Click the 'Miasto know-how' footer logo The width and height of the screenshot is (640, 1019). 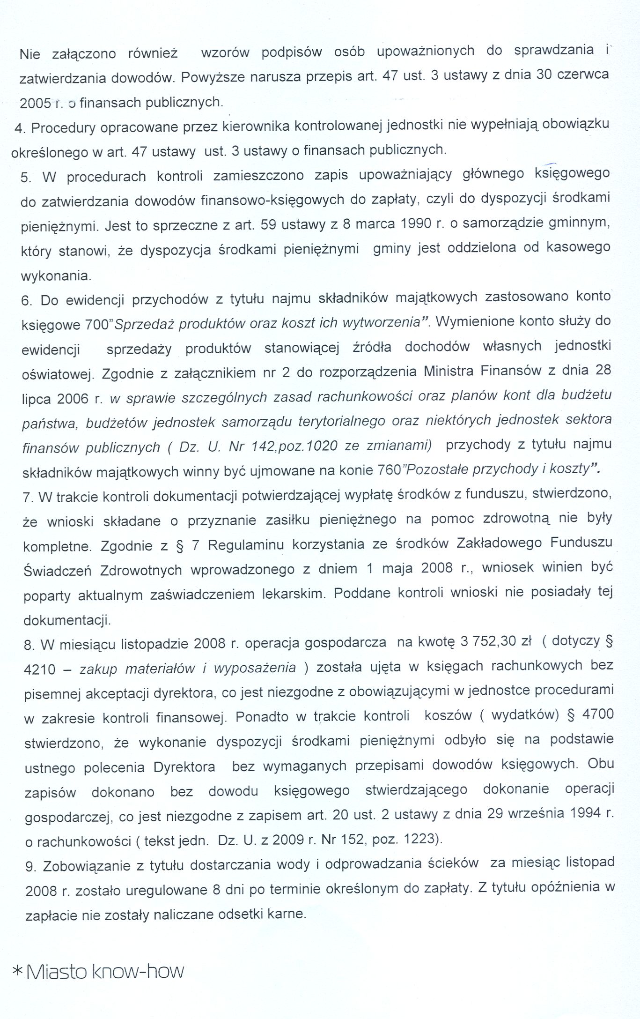99,971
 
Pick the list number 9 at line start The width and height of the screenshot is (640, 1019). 30,867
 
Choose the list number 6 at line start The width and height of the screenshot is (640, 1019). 27,300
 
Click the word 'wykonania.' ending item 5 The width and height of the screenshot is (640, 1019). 56,275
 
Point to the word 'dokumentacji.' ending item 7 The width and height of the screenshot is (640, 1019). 67,620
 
